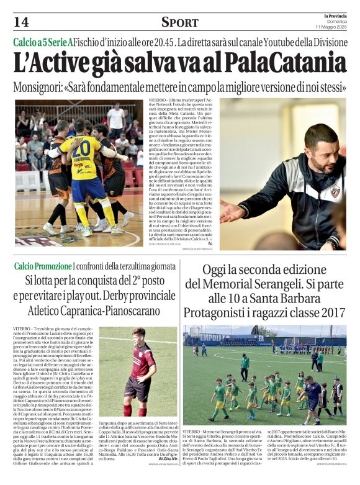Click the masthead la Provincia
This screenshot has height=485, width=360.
(x=329, y=16)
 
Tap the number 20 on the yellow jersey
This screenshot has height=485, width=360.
(x=81, y=150)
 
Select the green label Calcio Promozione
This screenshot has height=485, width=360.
(x=43, y=266)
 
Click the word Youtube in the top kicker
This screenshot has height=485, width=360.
(x=267, y=43)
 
